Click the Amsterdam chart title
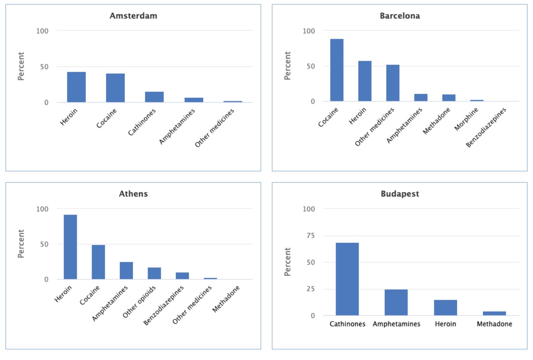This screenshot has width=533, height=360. coord(133,16)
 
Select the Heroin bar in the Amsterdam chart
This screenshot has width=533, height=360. coord(76,87)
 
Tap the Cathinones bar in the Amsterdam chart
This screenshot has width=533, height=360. coord(154,97)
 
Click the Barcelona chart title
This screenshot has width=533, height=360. coord(400,16)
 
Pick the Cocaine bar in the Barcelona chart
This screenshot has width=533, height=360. coord(337,70)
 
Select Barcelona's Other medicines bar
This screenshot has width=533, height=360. coord(392,83)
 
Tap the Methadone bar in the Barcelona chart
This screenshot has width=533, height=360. coord(448,98)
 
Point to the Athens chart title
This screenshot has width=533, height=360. coord(133,194)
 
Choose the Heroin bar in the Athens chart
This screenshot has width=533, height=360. coord(70,247)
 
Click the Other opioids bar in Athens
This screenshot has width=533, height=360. coord(154,273)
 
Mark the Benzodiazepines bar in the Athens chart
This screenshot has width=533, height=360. coord(182,276)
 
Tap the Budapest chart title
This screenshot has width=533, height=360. coord(400,194)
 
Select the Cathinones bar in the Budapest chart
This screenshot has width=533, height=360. coord(347,279)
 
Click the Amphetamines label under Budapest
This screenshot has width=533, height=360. coord(396,324)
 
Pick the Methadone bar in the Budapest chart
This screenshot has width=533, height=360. coord(494,313)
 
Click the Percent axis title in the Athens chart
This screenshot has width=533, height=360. coord(21,244)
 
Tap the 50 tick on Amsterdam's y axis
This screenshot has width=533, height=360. coord(46,67)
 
